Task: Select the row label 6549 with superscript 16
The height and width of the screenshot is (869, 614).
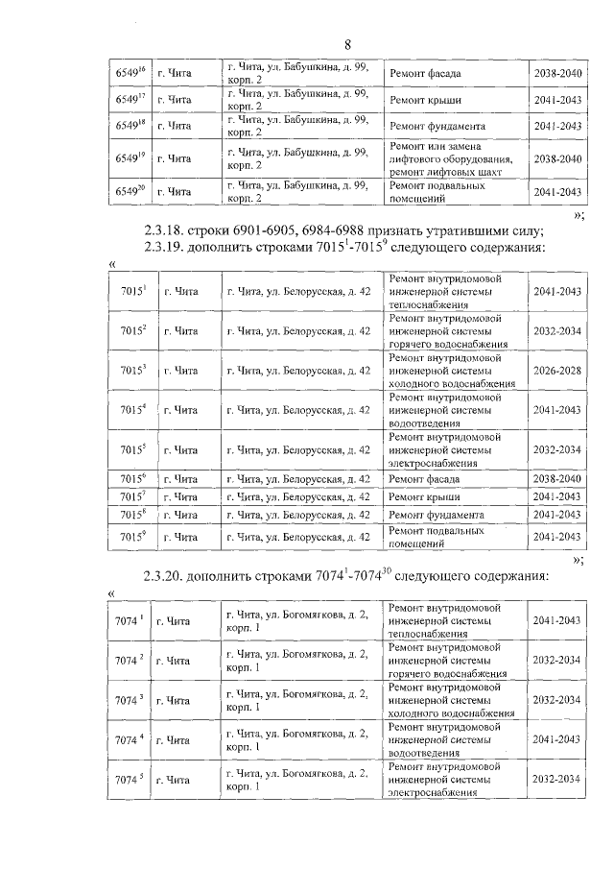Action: tap(130, 73)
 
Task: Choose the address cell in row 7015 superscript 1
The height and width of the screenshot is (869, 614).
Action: tap(298, 291)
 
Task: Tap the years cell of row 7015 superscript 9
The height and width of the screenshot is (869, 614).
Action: tap(557, 537)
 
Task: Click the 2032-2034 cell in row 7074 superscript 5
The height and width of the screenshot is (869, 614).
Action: tap(557, 779)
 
